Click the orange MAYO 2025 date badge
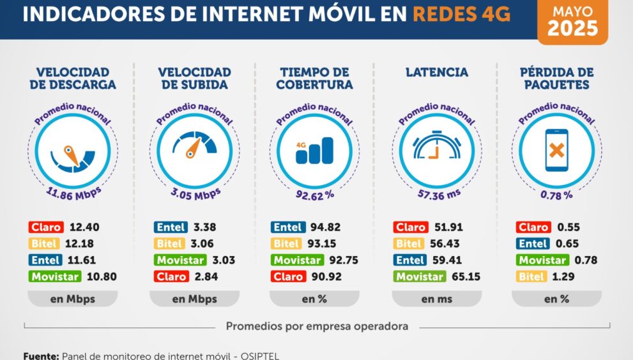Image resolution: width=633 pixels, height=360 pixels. pos(572,21)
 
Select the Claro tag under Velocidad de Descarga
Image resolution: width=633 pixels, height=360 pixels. pos(45,227)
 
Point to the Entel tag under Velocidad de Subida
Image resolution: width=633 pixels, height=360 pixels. pos(171,227)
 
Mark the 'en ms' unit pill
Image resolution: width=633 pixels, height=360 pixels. pos(436,299)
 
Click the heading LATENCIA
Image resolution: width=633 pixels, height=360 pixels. pos(436,72)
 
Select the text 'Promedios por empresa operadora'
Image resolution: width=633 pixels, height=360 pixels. pos(317,326)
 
